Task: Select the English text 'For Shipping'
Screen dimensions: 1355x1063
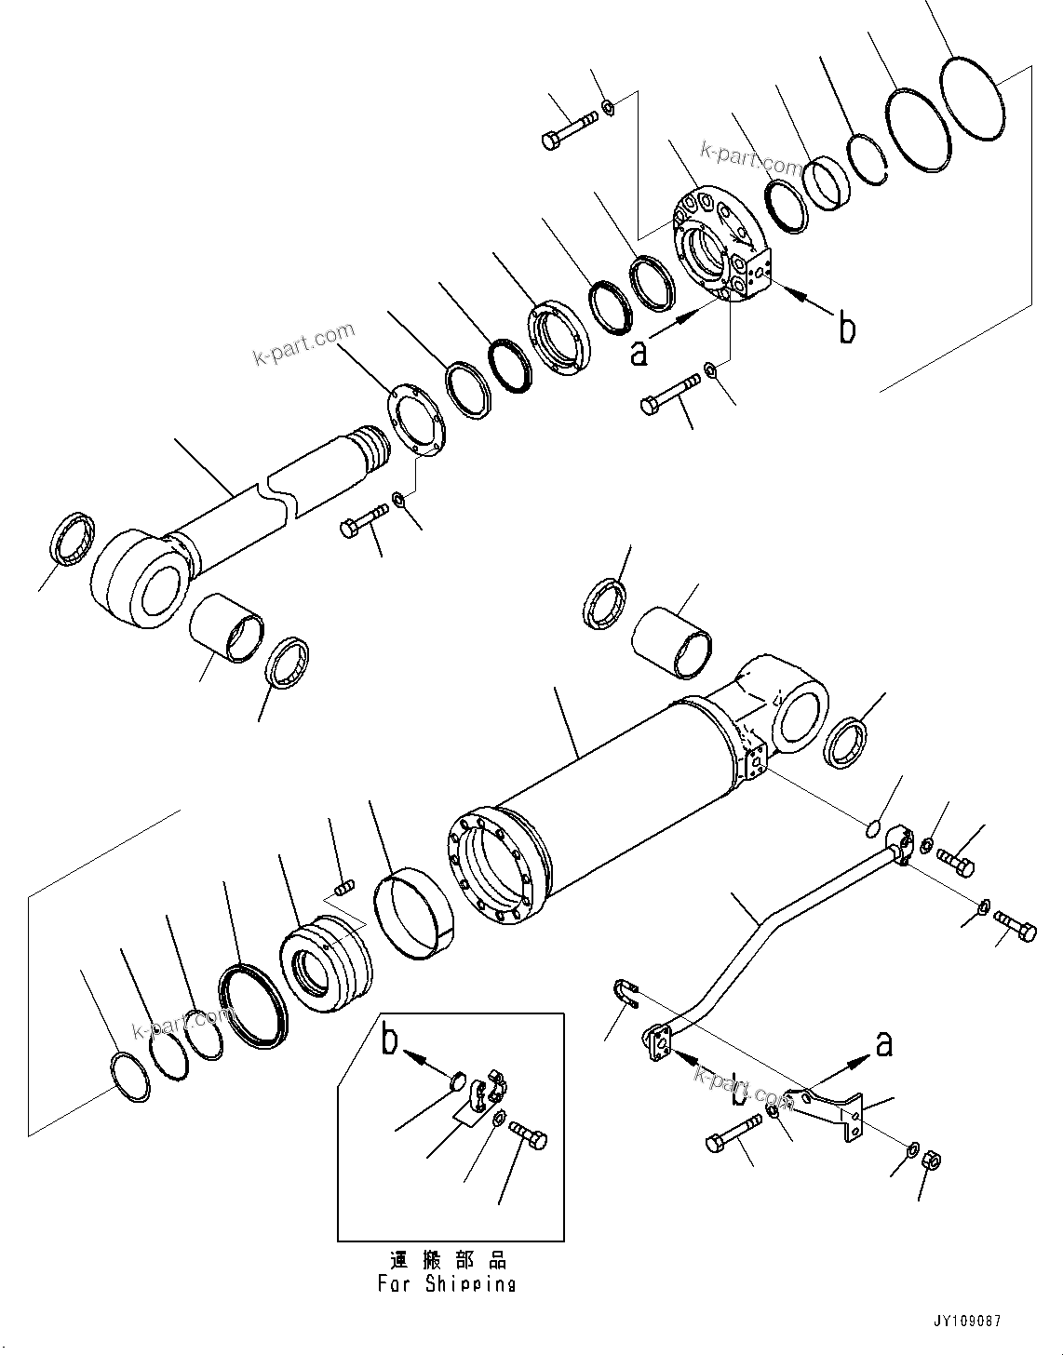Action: tap(446, 1284)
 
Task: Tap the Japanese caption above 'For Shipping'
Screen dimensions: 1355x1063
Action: tap(449, 1260)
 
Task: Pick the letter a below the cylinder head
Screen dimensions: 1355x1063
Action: tap(639, 353)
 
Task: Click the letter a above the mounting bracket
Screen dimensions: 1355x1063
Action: tap(882, 1044)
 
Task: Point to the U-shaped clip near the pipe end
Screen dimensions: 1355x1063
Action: tap(627, 994)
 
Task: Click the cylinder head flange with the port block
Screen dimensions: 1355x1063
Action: tap(721, 247)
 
